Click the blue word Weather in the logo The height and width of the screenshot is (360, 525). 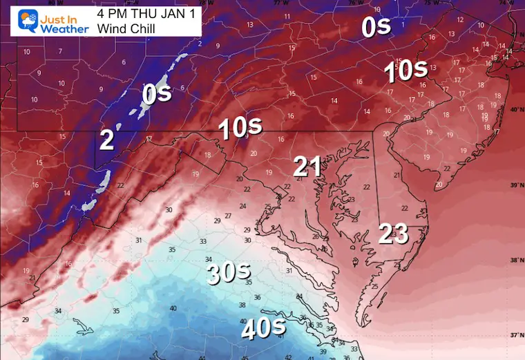point(64,28)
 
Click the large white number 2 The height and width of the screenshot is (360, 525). point(106,140)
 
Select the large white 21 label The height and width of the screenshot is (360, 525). point(306,167)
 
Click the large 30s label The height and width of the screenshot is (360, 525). point(229,274)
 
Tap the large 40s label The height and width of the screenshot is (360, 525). point(263,329)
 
